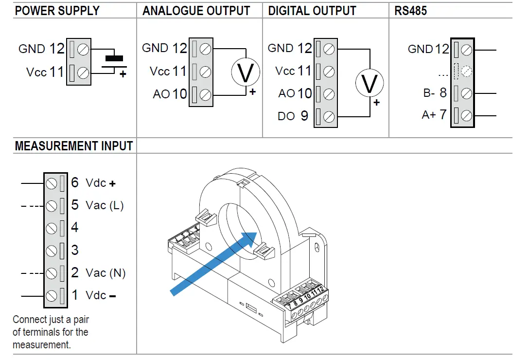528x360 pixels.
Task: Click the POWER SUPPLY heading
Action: pyautogui.click(x=57, y=11)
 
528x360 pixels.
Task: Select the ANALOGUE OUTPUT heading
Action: pyautogui.click(x=196, y=11)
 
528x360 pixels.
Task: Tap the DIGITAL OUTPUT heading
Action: pyautogui.click(x=312, y=11)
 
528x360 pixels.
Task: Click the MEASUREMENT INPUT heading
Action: pyautogui.click(x=74, y=146)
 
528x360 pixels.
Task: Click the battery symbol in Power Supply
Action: pyautogui.click(x=114, y=62)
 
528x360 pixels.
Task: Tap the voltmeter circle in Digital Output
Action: pyautogui.click(x=370, y=83)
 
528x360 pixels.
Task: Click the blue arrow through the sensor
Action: pyautogui.click(x=214, y=263)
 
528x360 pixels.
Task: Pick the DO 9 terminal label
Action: pyautogui.click(x=293, y=116)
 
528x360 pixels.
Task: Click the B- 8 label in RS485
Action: pyautogui.click(x=434, y=93)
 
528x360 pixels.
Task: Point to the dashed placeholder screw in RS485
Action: pyautogui.click(x=467, y=72)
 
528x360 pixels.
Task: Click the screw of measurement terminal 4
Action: pyautogui.click(x=52, y=228)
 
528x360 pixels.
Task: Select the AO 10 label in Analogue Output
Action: pyautogui.click(x=170, y=94)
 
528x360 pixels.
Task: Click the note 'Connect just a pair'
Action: pyautogui.click(x=51, y=320)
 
